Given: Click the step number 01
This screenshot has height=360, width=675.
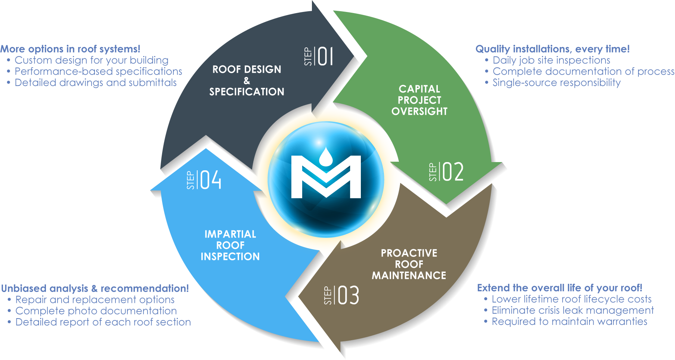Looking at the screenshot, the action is click(325, 56).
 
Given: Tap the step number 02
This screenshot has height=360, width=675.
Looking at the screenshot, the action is click(453, 172).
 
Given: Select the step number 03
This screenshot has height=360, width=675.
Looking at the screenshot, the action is click(348, 295).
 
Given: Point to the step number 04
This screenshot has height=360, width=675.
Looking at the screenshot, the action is click(211, 180).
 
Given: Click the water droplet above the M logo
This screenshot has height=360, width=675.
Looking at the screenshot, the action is click(326, 156).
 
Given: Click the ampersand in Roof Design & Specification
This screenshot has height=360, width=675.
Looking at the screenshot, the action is click(247, 81).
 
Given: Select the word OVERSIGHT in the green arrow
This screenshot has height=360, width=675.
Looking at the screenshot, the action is click(419, 111).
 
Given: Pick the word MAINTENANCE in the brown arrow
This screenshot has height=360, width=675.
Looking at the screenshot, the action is click(409, 276).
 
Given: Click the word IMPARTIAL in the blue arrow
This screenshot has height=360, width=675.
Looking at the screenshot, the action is click(230, 234).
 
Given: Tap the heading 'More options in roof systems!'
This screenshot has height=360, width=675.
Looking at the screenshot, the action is click(70, 49).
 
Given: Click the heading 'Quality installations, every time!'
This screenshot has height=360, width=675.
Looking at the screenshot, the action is click(552, 49).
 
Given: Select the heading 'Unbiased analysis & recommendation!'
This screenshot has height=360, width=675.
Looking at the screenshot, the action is click(95, 288).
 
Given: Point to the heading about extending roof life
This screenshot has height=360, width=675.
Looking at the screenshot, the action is click(560, 288).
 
